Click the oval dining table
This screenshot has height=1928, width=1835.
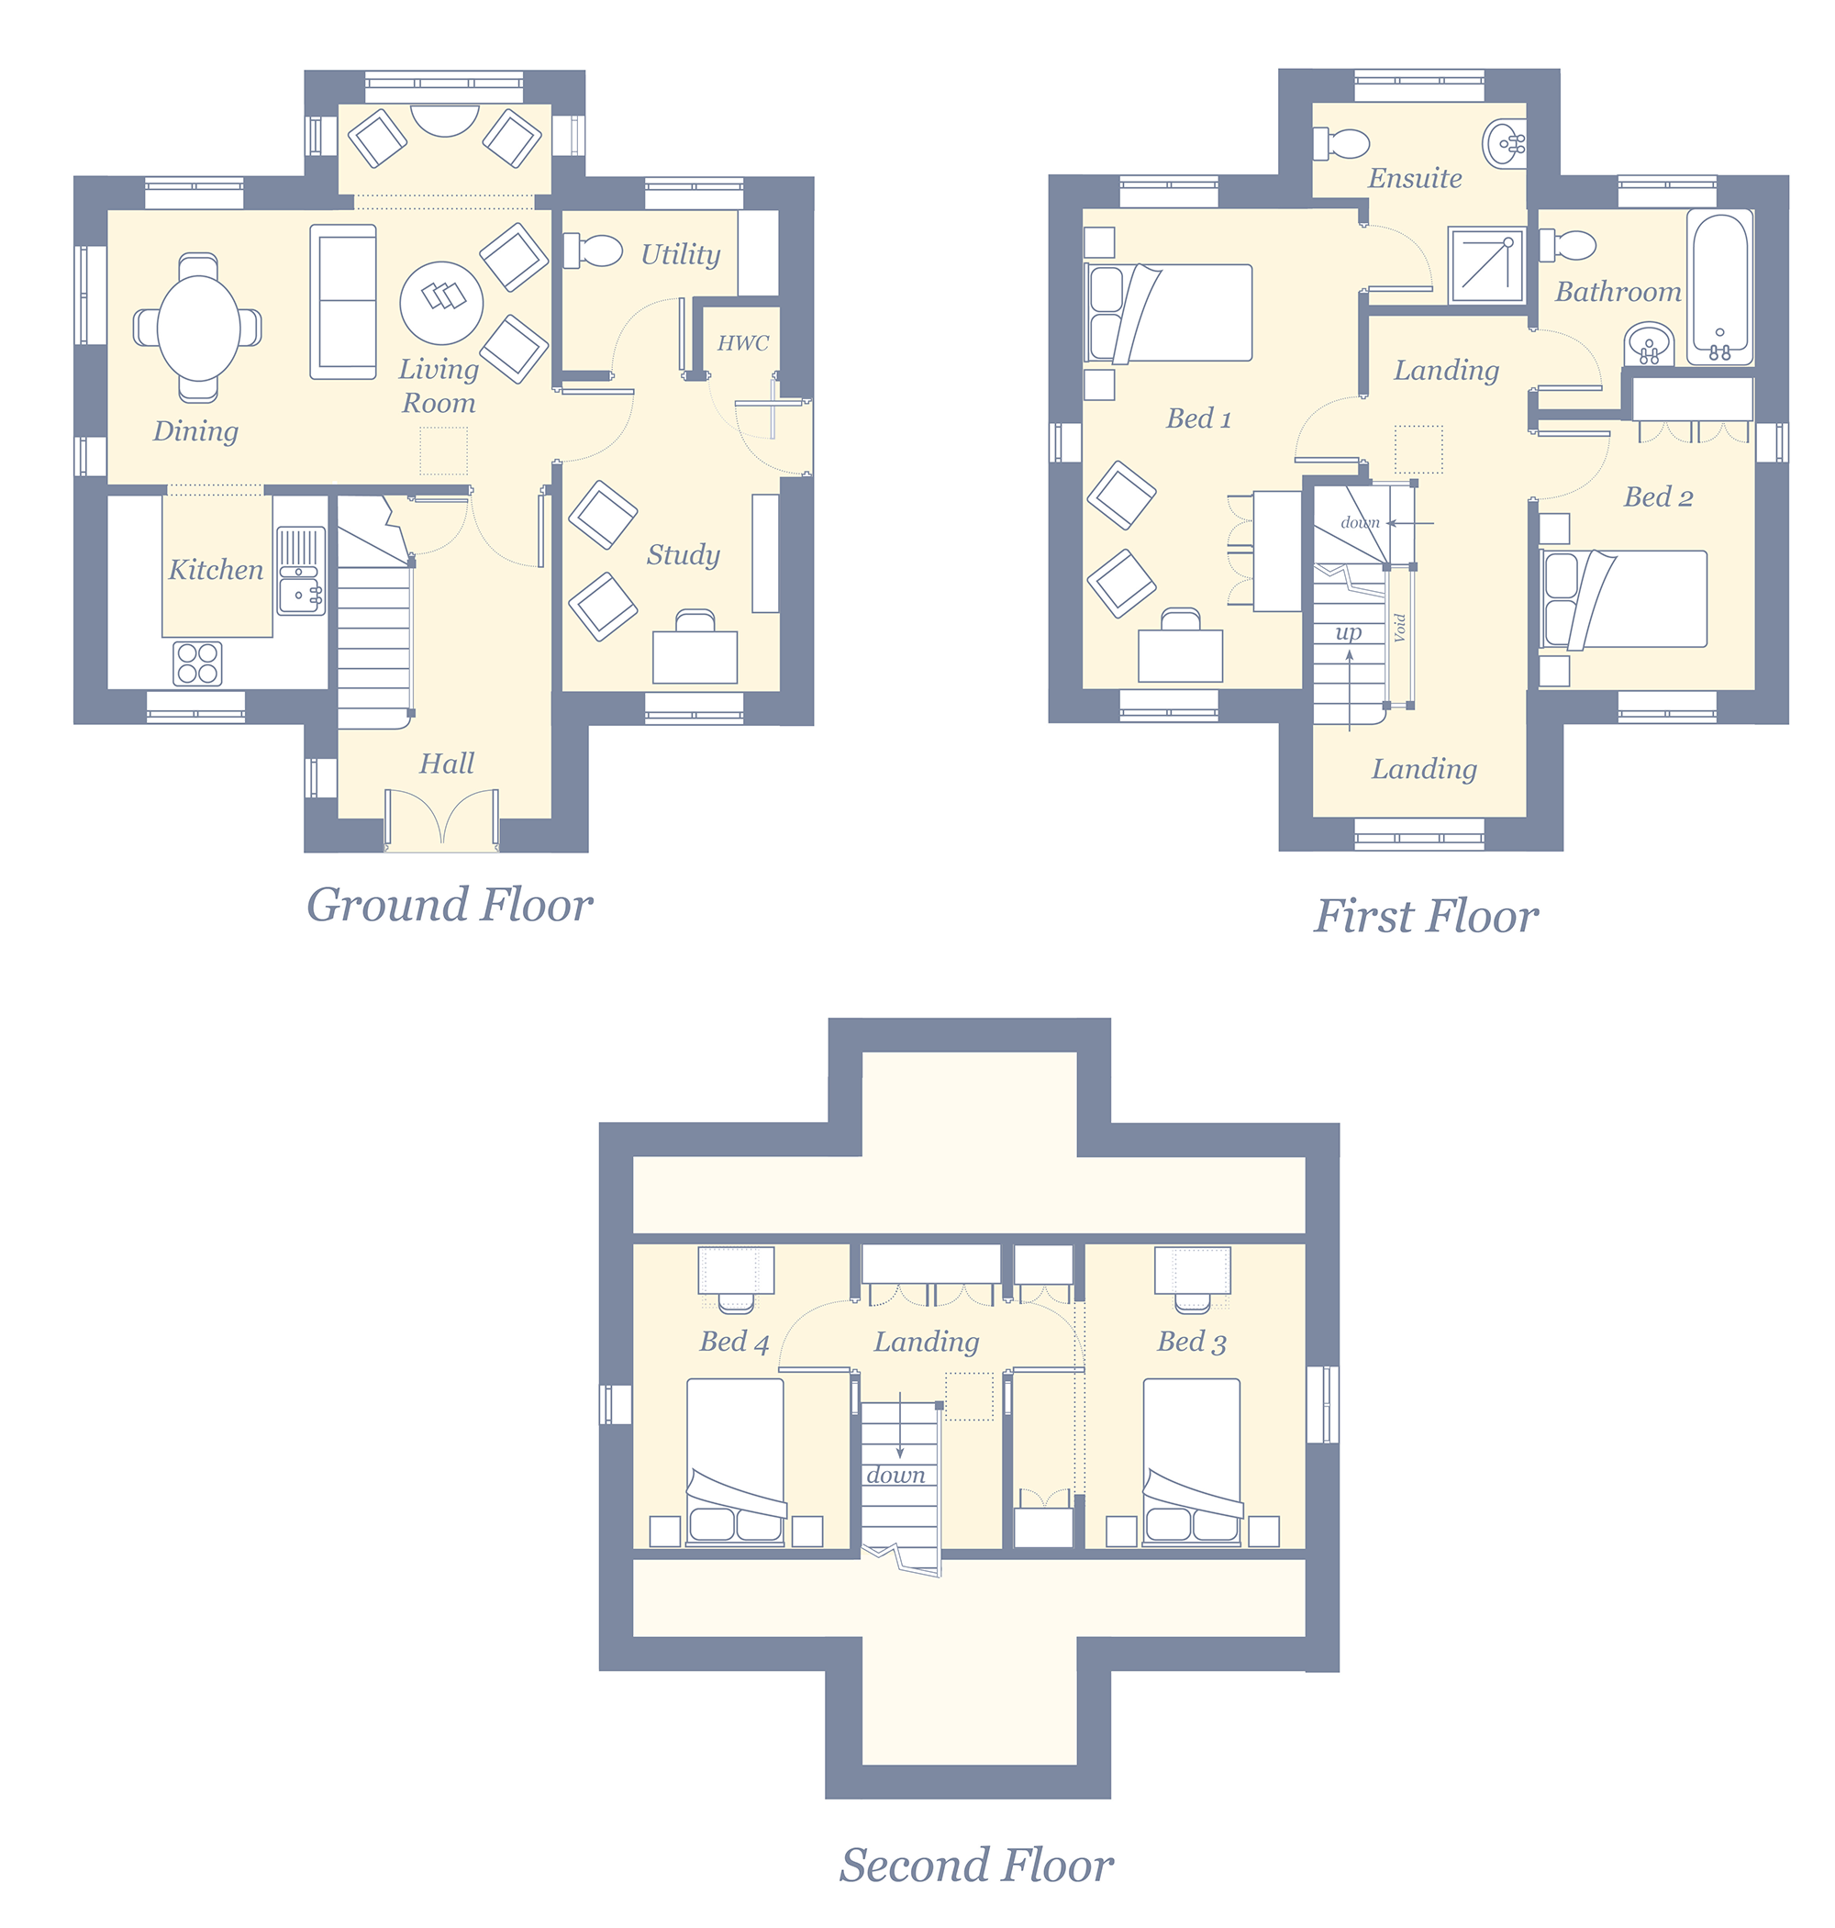coord(198,328)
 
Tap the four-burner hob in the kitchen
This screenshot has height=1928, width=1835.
coord(197,663)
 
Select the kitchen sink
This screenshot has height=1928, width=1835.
coord(300,572)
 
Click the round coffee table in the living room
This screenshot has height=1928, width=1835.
coord(441,303)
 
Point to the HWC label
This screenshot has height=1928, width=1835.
coord(743,343)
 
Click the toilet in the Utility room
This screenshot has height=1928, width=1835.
coord(593,251)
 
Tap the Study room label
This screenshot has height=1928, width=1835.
coord(683,554)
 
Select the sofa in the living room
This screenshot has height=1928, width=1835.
coord(343,302)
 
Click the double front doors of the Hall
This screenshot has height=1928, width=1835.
coord(442,819)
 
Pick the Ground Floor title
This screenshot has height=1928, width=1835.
coord(450,905)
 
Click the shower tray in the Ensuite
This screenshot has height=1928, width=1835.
coord(1485,265)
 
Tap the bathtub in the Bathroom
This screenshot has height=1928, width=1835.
coord(1719,288)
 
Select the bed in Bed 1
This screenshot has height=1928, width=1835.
coord(1169,313)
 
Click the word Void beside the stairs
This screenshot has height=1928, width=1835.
coord(1400,627)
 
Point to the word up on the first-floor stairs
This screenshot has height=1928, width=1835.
coord(1349,633)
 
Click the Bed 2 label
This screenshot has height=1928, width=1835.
coord(1658,497)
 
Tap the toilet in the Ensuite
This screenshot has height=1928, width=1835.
coord(1341,144)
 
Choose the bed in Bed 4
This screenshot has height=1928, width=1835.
coord(736,1463)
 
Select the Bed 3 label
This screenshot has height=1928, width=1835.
coord(1192,1342)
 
